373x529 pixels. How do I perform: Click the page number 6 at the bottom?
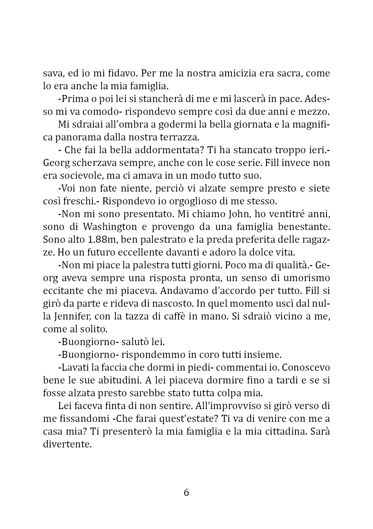click(x=186, y=492)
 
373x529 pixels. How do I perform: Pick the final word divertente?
click(x=68, y=444)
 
